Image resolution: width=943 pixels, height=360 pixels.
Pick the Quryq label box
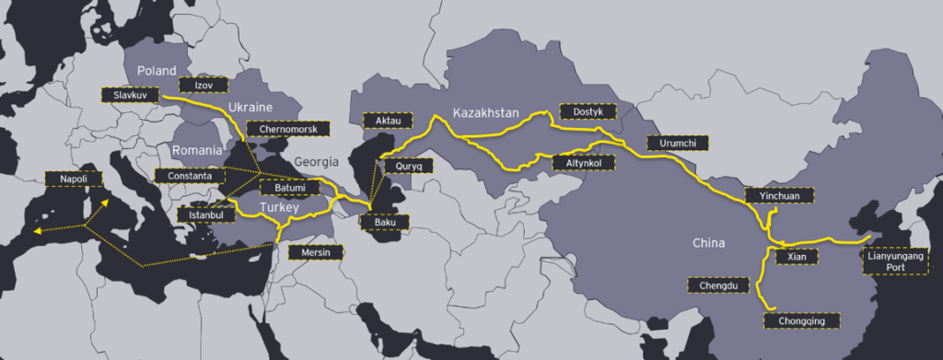point(409,167)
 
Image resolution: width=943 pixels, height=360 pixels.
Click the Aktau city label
point(383,121)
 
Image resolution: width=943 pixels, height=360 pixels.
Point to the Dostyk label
point(587,110)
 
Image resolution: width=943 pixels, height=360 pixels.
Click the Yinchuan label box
point(773,195)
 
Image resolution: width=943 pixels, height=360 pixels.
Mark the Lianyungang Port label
point(892,261)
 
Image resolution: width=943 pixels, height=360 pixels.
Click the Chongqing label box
point(802,320)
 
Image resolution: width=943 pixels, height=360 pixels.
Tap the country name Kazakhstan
point(487,112)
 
